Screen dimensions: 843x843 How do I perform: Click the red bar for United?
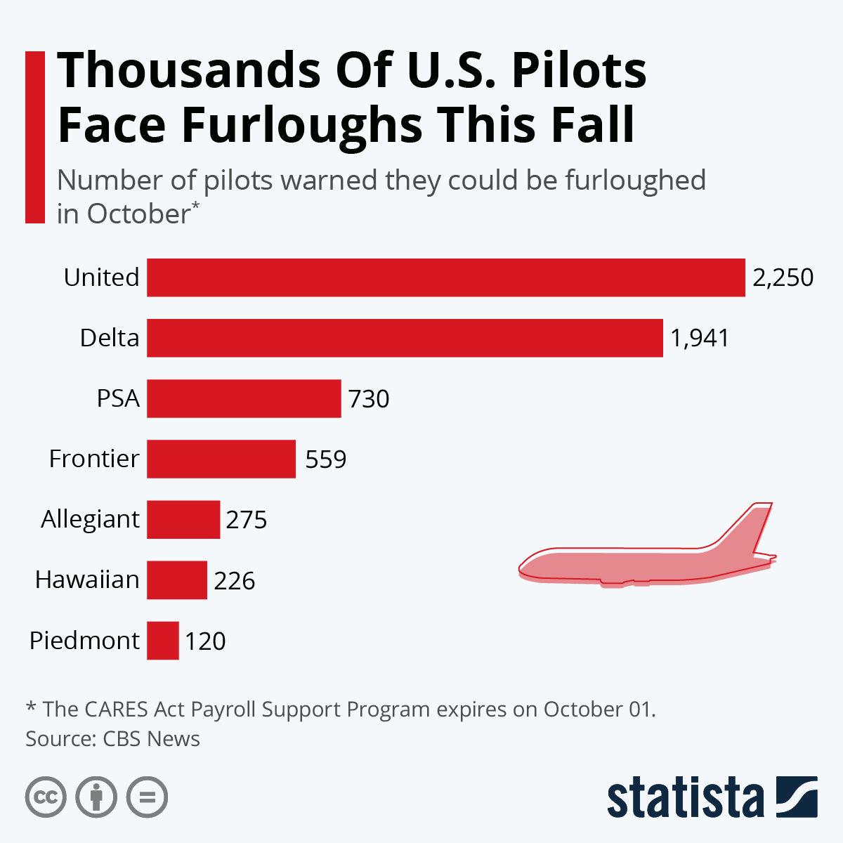[445, 277]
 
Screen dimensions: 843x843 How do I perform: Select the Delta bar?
[405, 338]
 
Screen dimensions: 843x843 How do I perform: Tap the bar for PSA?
[244, 398]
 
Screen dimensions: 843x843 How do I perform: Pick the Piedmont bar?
[163, 641]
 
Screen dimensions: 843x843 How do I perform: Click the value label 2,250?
[783, 277]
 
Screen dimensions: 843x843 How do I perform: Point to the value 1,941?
[700, 338]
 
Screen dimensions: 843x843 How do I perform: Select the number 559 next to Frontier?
[326, 459]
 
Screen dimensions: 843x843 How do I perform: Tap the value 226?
[235, 581]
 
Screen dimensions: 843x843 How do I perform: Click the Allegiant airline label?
[91, 519]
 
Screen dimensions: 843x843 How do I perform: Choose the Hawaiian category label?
[88, 580]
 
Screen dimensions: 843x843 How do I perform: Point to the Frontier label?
[94, 459]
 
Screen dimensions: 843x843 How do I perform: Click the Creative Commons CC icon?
[46, 797]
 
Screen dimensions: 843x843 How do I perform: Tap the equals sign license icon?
[148, 797]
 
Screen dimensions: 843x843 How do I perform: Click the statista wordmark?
[685, 798]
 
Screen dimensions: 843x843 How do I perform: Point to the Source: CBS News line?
[112, 739]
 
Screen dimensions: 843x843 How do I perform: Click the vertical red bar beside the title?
[34, 137]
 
